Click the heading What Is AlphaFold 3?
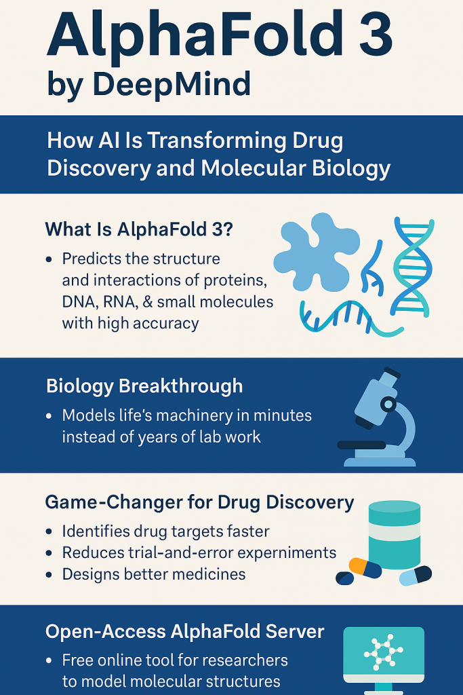(x=139, y=229)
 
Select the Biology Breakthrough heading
(x=144, y=386)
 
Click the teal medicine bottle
(x=395, y=535)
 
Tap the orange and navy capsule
(x=365, y=568)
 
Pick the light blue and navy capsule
(x=415, y=576)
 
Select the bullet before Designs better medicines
(x=49, y=575)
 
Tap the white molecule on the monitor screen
(x=383, y=652)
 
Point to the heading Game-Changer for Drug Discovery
(x=199, y=502)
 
